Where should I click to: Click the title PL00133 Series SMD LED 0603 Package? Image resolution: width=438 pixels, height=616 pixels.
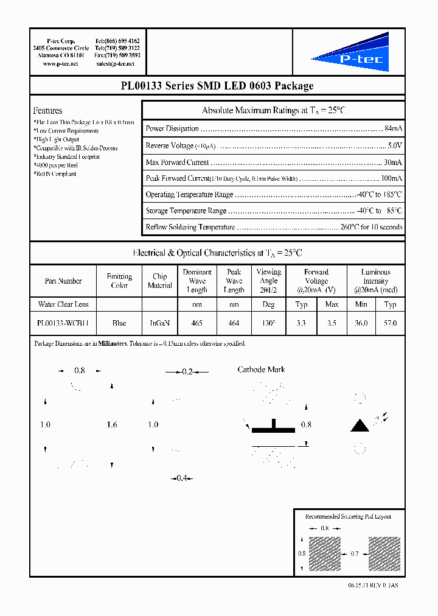coord(217,86)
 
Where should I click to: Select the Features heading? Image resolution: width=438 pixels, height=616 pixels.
coord(47,111)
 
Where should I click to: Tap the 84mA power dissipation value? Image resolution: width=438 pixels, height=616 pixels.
coord(393,128)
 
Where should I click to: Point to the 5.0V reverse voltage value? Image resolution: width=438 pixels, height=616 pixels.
coord(395,145)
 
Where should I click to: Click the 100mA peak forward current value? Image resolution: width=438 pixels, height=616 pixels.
coord(391,178)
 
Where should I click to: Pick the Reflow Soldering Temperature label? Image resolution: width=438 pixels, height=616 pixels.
coord(190,227)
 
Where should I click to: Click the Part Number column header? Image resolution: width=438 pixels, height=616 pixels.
coord(63,281)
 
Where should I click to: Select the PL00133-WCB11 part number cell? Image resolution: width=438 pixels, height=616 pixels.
coord(63,324)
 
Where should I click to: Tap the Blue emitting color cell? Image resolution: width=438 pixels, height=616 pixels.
coord(119,324)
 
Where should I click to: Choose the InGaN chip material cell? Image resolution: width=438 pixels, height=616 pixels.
coord(160,324)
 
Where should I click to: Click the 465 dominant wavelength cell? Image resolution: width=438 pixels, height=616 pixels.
coord(196,324)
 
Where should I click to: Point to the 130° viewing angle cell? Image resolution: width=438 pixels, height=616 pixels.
coord(268,324)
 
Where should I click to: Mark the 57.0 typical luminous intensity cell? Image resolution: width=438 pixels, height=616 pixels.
coord(391,324)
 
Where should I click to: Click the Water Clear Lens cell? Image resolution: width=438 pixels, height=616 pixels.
coord(63,304)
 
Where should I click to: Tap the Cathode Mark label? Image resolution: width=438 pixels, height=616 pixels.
coord(261,369)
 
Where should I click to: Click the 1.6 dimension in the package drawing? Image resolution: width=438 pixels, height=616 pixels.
coord(111,425)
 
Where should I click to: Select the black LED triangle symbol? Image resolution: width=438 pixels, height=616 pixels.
coord(360,425)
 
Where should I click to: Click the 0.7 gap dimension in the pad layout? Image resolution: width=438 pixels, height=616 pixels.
coord(354,553)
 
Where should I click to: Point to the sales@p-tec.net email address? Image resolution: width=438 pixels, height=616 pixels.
coord(117,63)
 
